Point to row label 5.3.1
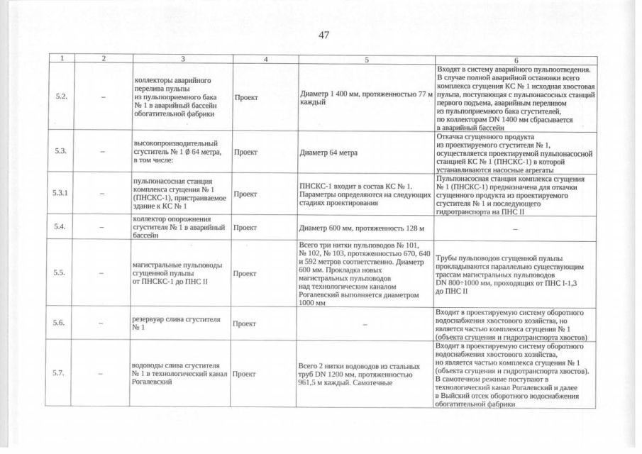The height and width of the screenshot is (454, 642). tap(61, 192)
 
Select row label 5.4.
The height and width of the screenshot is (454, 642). tap(61, 227)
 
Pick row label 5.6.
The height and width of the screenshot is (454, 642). tap(61, 323)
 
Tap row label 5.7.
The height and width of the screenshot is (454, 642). tap(61, 372)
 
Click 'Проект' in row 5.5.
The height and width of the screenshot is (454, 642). tap(245, 272)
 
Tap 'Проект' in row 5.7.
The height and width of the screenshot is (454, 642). tap(245, 373)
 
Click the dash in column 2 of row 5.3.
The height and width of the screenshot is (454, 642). tap(104, 150)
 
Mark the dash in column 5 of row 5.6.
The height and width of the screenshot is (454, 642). tap(365, 323)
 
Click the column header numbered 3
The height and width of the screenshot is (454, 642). tap(182, 60)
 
